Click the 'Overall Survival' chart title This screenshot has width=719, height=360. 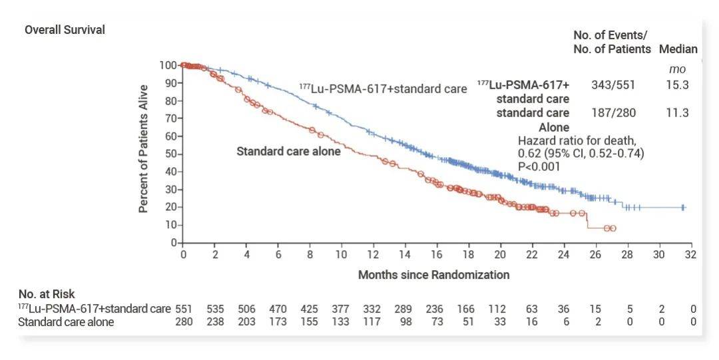coord(65,30)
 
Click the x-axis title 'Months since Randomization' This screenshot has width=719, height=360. coord(433,274)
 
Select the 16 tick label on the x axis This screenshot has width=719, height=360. coord(437,255)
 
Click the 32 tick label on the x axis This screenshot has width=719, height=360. coord(690,255)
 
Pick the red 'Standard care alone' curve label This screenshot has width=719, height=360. coord(288,151)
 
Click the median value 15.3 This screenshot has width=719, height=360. coord(677,85)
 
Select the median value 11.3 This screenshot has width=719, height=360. coord(677,112)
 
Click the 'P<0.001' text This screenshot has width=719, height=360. coord(539,166)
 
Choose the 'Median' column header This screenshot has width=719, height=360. coord(678,49)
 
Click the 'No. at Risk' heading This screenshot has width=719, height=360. coord(47,293)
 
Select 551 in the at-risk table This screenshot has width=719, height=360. coord(183,309)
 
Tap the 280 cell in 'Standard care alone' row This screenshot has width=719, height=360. coord(183,322)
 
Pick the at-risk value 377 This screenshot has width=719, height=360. coord(341,309)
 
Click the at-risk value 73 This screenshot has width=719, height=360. coord(436,322)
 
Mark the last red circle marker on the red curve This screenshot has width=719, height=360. coord(612,228)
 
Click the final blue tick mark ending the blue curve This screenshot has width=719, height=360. coord(682,208)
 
